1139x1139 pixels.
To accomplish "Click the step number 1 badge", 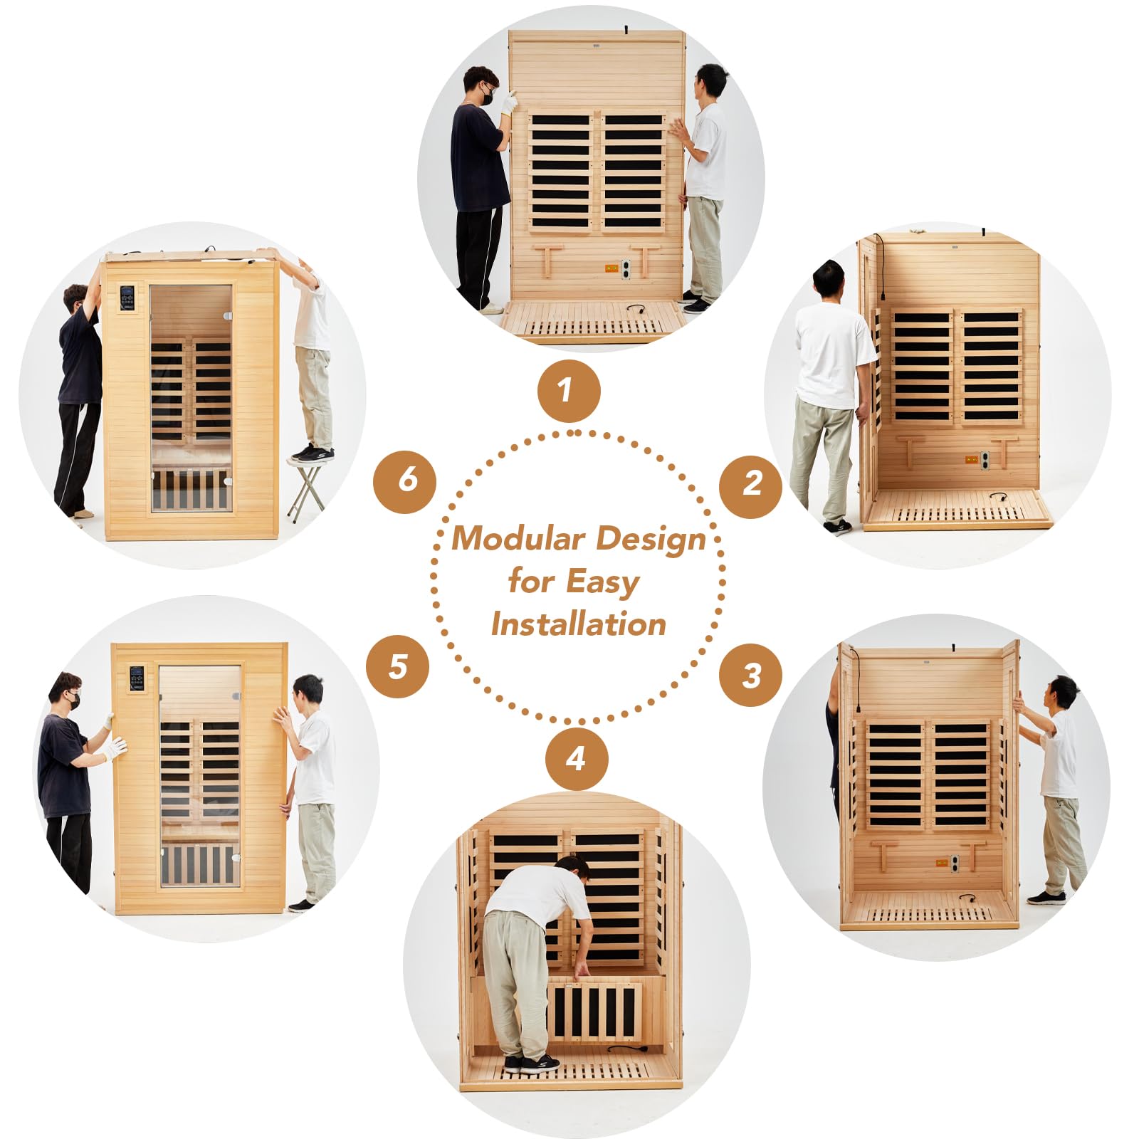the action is coord(569,391).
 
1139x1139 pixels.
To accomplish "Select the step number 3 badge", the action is coord(750,675).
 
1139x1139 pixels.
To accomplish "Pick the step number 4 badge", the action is coord(577,758).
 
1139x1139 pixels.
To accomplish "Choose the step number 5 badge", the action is coord(397,666).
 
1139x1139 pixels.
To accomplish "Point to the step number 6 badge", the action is coord(405,482).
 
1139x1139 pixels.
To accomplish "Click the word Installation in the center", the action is coord(579,624).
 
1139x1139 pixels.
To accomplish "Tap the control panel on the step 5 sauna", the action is coord(137,678).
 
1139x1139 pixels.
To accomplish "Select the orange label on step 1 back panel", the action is coord(611,268).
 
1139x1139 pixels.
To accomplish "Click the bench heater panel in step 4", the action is coord(594,1009).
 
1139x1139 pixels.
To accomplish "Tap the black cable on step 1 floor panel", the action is coord(635,309).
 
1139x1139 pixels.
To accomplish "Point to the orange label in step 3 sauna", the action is coord(939,864).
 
